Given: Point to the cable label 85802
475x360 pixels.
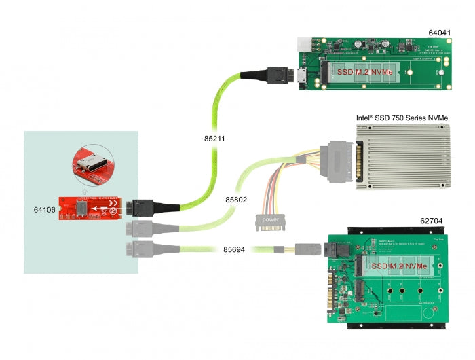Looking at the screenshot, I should click(x=235, y=200).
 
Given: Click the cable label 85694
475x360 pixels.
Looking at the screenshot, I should click(x=235, y=249).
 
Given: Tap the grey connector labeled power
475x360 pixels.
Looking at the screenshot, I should click(x=269, y=221).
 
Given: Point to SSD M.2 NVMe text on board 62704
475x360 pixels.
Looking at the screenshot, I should click(x=399, y=266).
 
